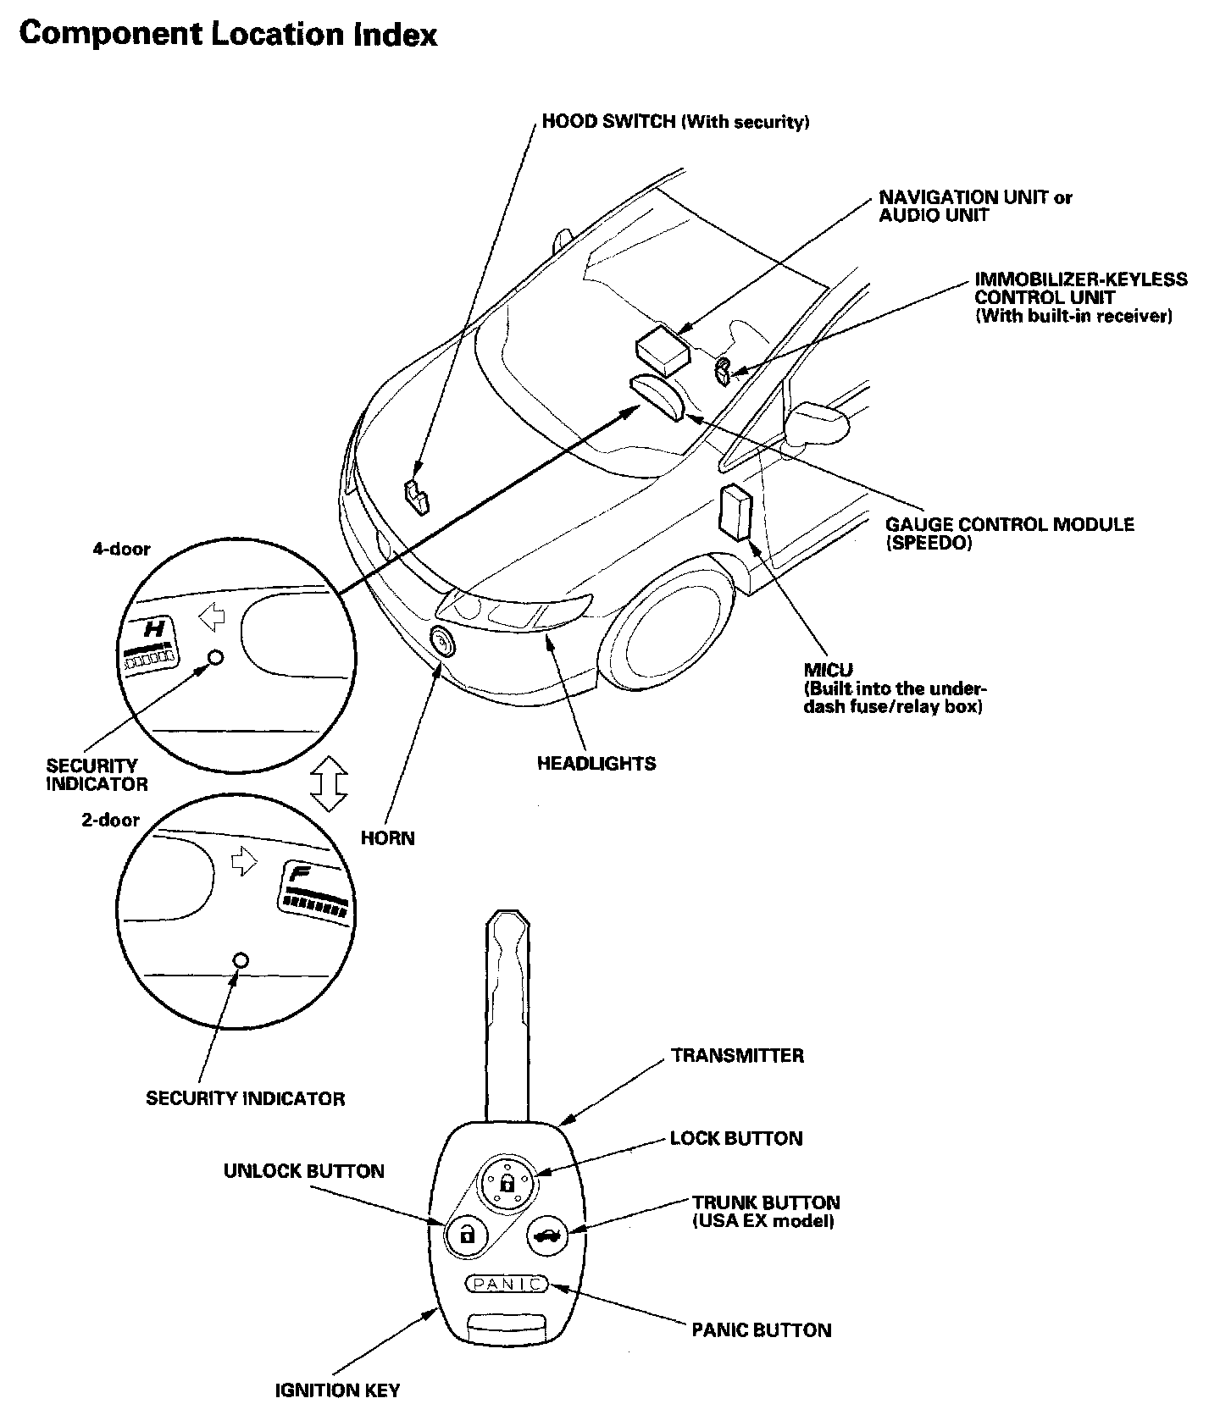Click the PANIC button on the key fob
click(507, 1285)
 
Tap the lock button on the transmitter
click(507, 1181)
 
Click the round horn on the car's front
click(442, 644)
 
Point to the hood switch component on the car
click(417, 495)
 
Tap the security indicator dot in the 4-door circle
click(215, 657)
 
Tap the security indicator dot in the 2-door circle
click(241, 960)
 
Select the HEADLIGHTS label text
click(596, 764)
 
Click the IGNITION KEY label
click(337, 1390)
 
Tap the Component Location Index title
click(228, 34)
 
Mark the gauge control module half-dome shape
click(657, 397)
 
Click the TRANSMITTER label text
click(737, 1055)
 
